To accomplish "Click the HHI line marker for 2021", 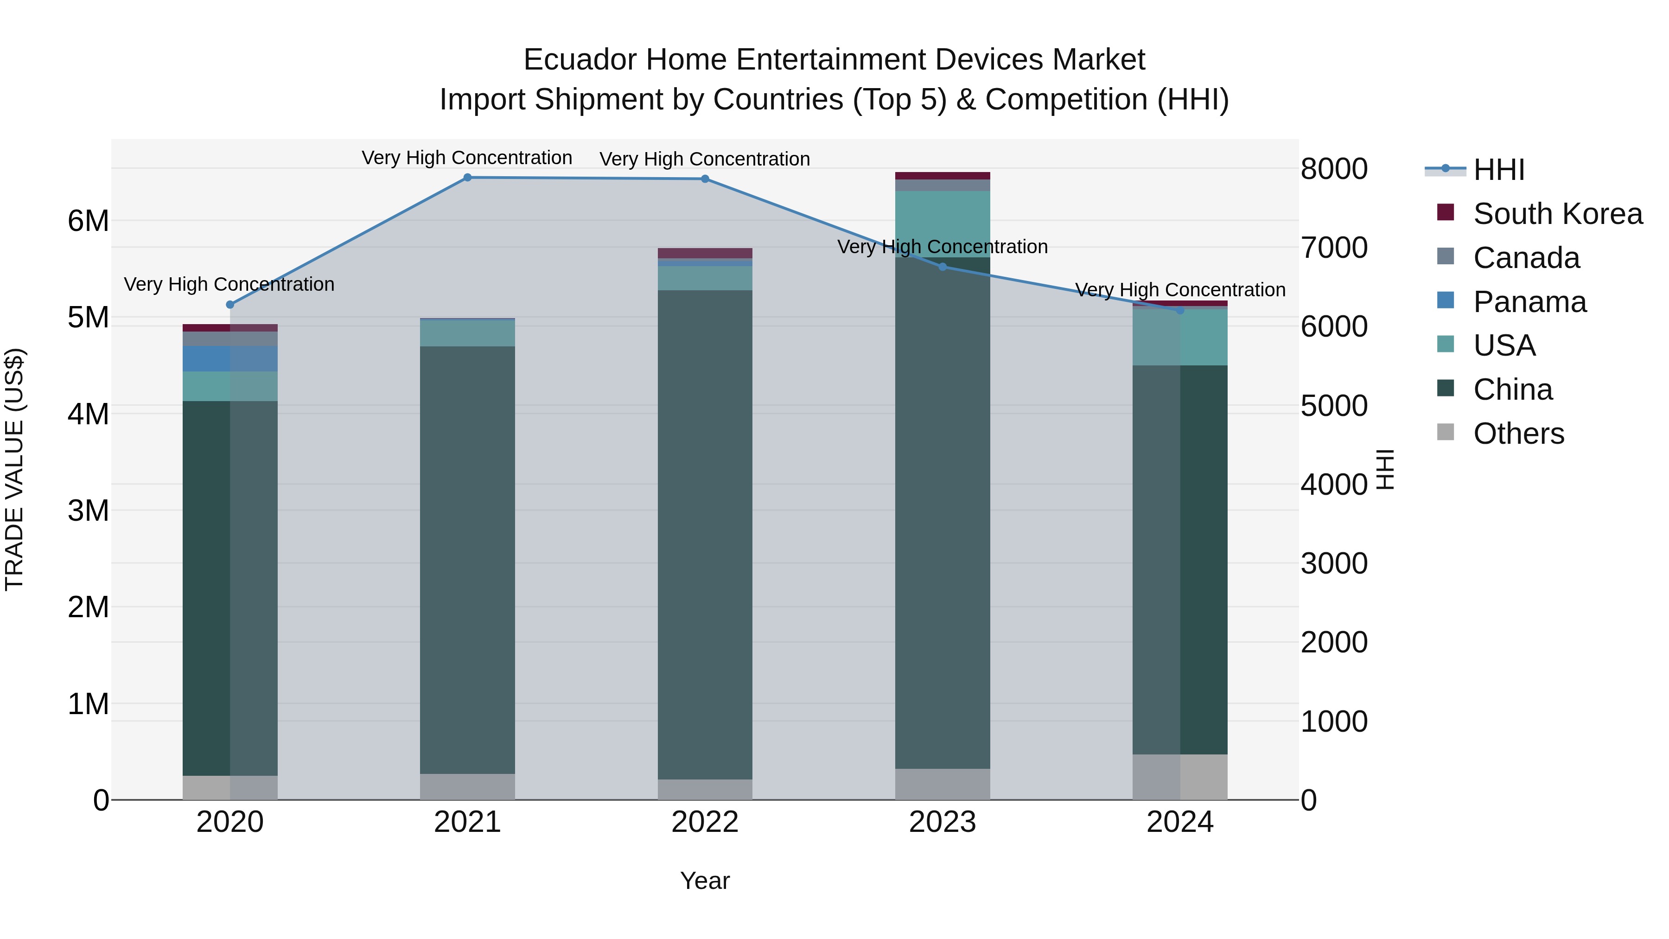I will tap(467, 178).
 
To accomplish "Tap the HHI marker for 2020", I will tap(230, 305).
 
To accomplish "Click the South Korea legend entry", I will tap(1558, 214).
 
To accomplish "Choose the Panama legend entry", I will tap(1530, 302).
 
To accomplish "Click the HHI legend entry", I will tap(1498, 170).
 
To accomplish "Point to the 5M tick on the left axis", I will tap(88, 318).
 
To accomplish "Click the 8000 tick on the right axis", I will tap(1333, 169).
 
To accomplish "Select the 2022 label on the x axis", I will tap(705, 822).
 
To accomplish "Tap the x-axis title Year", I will tap(705, 881).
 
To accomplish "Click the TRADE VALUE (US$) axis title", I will tap(14, 469).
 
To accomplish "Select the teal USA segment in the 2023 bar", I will tap(943, 224).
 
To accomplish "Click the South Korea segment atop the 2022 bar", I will tap(705, 253).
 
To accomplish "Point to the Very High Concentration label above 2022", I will tap(705, 159).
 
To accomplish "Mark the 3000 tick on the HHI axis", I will tap(1333, 563).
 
